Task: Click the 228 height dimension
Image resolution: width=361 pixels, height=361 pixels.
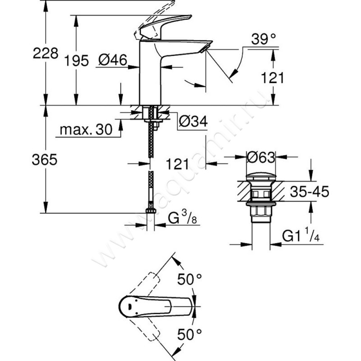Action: click(x=46, y=53)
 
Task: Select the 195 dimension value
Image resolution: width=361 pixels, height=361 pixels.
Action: click(x=76, y=61)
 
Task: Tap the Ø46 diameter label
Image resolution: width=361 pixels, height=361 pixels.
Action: click(x=112, y=60)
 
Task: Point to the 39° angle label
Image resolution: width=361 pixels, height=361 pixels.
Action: click(x=264, y=39)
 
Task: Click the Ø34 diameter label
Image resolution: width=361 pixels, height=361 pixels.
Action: click(x=193, y=121)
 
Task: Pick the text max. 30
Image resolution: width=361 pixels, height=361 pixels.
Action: click(x=86, y=130)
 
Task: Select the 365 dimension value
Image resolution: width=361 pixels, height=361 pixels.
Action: click(x=44, y=160)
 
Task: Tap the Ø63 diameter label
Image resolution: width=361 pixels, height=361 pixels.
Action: click(x=261, y=157)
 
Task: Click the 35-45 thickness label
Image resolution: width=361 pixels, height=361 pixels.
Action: click(x=309, y=191)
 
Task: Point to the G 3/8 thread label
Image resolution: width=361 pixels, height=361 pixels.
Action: click(x=182, y=218)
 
